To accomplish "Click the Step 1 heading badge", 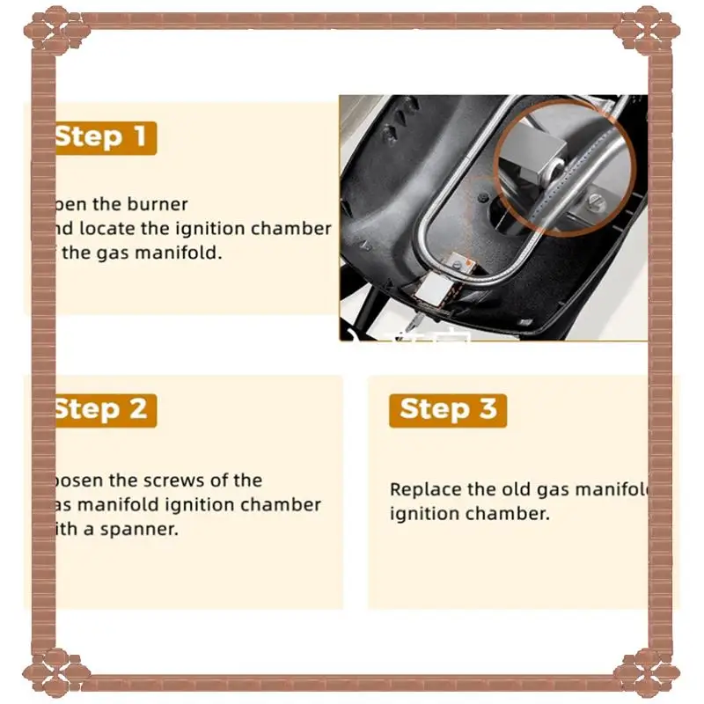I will [x=105, y=137].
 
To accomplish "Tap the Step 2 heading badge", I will [x=105, y=409].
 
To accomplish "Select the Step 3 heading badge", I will [x=448, y=409].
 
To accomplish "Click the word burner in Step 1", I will [x=158, y=204].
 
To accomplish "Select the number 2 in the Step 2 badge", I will [x=137, y=409].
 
